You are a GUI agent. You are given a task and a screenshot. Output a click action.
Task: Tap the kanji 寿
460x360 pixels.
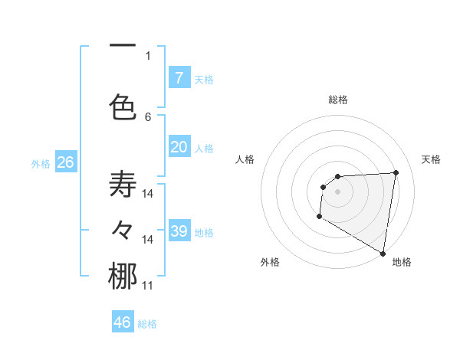pyautogui.click(x=123, y=185)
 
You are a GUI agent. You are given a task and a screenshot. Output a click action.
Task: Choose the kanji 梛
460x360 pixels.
pyautogui.click(x=123, y=277)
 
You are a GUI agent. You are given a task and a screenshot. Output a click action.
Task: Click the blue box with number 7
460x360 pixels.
pyautogui.click(x=179, y=78)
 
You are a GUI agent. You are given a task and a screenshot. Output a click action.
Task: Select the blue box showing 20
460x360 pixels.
pyautogui.click(x=179, y=147)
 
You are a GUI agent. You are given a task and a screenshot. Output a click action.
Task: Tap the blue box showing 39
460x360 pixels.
pyautogui.click(x=179, y=231)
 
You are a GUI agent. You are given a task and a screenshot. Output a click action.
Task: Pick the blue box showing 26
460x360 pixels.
pyautogui.click(x=65, y=162)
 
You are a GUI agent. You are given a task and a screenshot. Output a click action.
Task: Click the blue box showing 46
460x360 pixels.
pyautogui.click(x=123, y=322)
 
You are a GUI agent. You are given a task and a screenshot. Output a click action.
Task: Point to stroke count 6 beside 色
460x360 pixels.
pyautogui.click(x=148, y=116)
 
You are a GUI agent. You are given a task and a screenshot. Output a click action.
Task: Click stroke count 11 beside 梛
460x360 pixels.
pyautogui.click(x=148, y=286)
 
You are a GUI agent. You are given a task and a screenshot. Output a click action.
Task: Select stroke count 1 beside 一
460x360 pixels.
pyautogui.click(x=148, y=55)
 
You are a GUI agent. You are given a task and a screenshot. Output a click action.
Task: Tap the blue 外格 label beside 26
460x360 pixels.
pyautogui.click(x=41, y=163)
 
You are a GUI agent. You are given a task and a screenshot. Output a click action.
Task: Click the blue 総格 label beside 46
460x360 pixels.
pyautogui.click(x=147, y=324)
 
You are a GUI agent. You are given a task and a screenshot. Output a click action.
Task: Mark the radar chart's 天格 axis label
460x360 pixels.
pyautogui.click(x=432, y=159)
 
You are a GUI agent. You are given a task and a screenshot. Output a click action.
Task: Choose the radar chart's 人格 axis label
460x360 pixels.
pyautogui.click(x=245, y=159)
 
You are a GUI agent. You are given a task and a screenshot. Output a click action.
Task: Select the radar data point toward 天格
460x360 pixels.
pyautogui.click(x=396, y=172)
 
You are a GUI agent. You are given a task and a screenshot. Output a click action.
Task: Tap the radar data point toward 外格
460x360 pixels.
pyautogui.click(x=319, y=217)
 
